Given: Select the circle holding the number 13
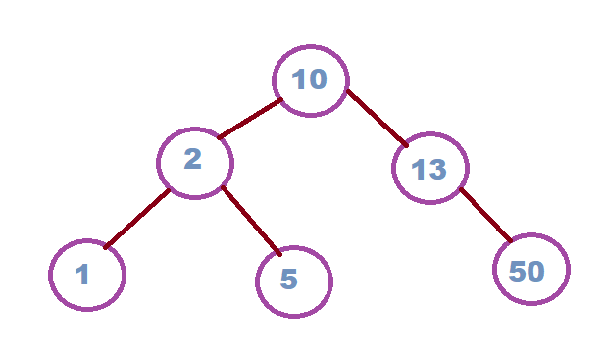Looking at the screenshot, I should [429, 168].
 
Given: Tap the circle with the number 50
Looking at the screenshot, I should [530, 270].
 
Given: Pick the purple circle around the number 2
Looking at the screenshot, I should [195, 161].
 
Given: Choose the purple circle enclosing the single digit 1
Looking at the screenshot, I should [87, 275].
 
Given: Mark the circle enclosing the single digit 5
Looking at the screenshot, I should [293, 282].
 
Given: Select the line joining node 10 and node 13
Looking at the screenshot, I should [377, 119].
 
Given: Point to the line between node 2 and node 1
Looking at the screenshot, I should [137, 218].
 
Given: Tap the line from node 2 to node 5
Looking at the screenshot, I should [251, 220].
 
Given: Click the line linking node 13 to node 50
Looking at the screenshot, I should [485, 215].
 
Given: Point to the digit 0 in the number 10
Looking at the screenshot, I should [318, 79].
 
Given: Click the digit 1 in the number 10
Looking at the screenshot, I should [298, 79].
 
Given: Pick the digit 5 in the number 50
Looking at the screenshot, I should [518, 271].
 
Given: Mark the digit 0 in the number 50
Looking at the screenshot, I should [536, 271].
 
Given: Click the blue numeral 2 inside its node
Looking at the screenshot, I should [192, 158].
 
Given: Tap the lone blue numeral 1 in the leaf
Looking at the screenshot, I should [82, 275].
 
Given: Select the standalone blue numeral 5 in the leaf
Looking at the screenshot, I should [288, 280].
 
